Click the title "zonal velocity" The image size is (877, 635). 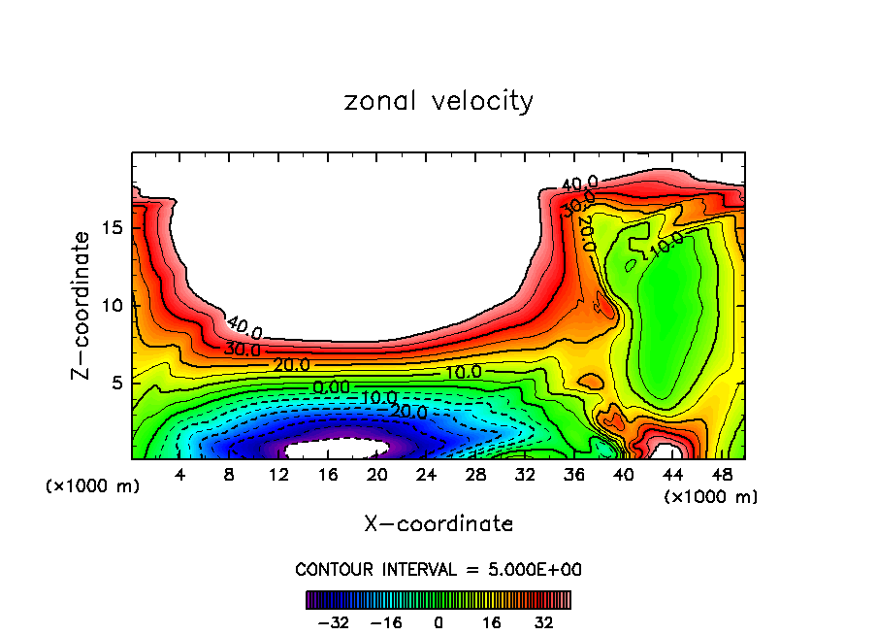point(438,101)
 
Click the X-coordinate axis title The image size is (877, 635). point(438,524)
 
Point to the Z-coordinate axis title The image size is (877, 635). point(82,305)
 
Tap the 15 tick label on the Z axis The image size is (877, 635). point(113,227)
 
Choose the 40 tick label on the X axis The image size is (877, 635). point(622,475)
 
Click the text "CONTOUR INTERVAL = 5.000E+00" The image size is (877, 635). point(438,569)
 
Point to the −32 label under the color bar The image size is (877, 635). point(332,621)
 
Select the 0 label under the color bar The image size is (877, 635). point(438,621)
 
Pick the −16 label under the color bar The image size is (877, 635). point(385,621)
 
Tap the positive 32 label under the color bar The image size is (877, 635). point(544,621)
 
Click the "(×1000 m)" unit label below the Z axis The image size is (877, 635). point(93,486)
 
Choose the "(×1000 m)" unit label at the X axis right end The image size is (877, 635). point(711,497)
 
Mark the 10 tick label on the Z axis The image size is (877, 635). point(113,305)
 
